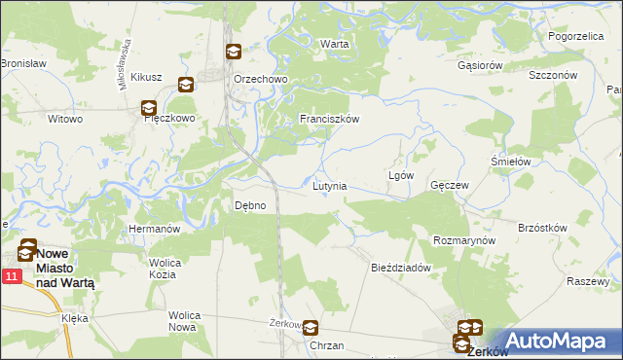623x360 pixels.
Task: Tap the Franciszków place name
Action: [330, 119]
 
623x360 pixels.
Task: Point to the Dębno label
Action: [250, 205]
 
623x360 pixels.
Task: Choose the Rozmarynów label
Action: [464, 239]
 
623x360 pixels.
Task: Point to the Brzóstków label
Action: [542, 228]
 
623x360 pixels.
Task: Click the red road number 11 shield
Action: [11, 278]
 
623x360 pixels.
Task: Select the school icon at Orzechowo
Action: [234, 53]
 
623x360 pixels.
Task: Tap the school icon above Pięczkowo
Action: [148, 109]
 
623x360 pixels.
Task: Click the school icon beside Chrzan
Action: [311, 329]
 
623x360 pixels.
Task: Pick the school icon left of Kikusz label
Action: [185, 85]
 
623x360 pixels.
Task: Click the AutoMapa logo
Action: [552, 342]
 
